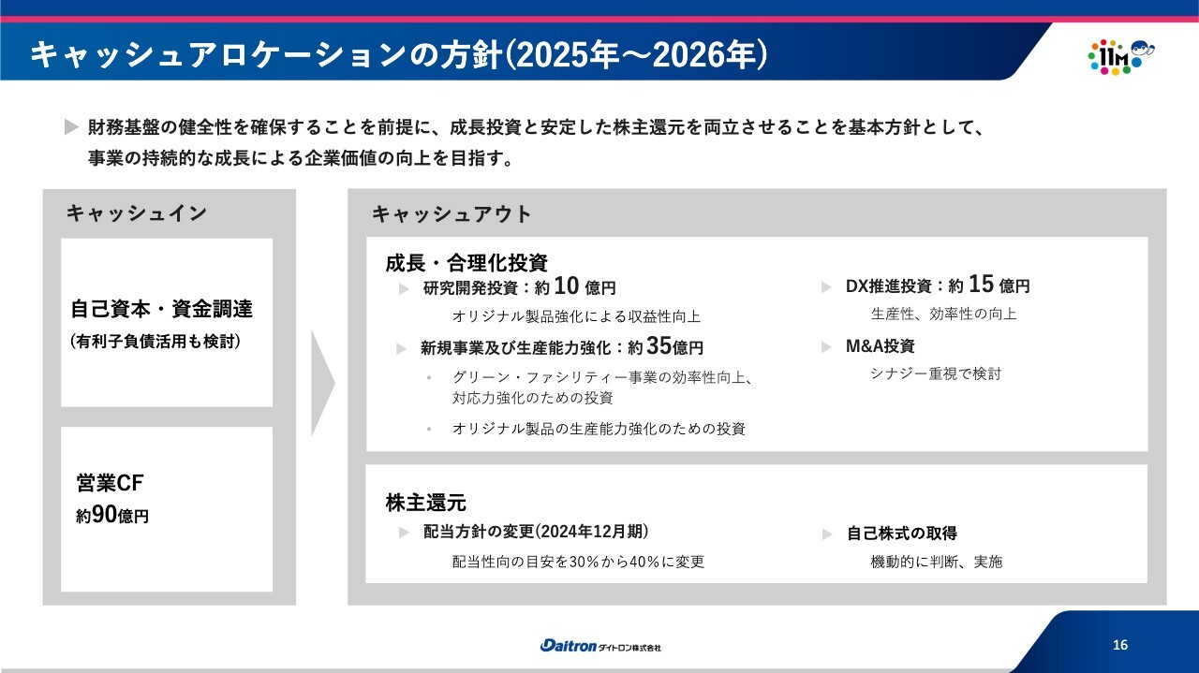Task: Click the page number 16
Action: pyautogui.click(x=1120, y=645)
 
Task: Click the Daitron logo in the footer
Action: pyautogui.click(x=600, y=646)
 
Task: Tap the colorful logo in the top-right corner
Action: pyautogui.click(x=1120, y=57)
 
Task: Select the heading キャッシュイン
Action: pyautogui.click(x=137, y=212)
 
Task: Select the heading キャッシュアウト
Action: pyautogui.click(x=451, y=214)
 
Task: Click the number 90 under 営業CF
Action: pyautogui.click(x=104, y=514)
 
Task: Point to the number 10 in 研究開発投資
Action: pyautogui.click(x=567, y=285)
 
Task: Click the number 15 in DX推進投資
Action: pyautogui.click(x=981, y=284)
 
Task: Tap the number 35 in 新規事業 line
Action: pyautogui.click(x=659, y=345)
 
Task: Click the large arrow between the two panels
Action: pyautogui.click(x=322, y=383)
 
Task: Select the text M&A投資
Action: pyautogui.click(x=880, y=346)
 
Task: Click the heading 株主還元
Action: pyautogui.click(x=425, y=503)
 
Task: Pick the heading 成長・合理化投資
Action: pyautogui.click(x=466, y=263)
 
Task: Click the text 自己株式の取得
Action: pyautogui.click(x=902, y=533)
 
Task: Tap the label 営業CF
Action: pyautogui.click(x=110, y=483)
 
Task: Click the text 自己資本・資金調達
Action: pyautogui.click(x=161, y=309)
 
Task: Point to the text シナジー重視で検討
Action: pyautogui.click(x=936, y=373)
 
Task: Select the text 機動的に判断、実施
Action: pyautogui.click(x=936, y=562)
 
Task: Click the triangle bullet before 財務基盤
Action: pyautogui.click(x=71, y=127)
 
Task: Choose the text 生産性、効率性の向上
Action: pyautogui.click(x=943, y=314)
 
